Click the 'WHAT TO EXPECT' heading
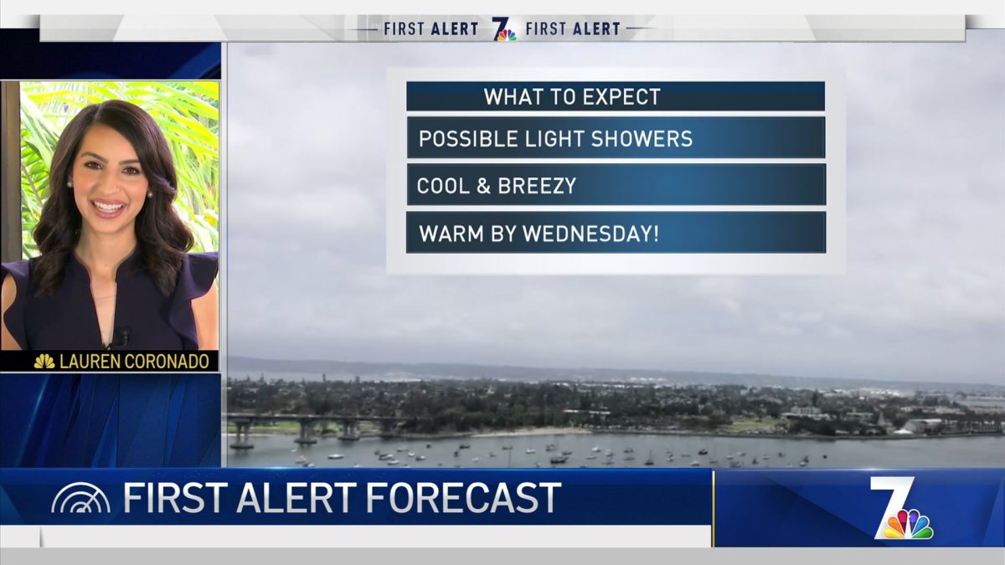(572, 96)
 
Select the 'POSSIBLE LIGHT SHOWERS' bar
(616, 138)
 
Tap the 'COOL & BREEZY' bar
(616, 185)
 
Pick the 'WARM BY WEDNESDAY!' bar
(616, 233)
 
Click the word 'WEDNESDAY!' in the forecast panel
(590, 234)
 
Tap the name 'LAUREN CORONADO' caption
(135, 362)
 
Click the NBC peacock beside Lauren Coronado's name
(44, 362)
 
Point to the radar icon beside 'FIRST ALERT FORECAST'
(80, 500)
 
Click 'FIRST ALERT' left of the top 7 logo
(430, 29)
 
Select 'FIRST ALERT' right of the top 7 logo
(573, 29)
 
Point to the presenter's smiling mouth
(108, 206)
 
